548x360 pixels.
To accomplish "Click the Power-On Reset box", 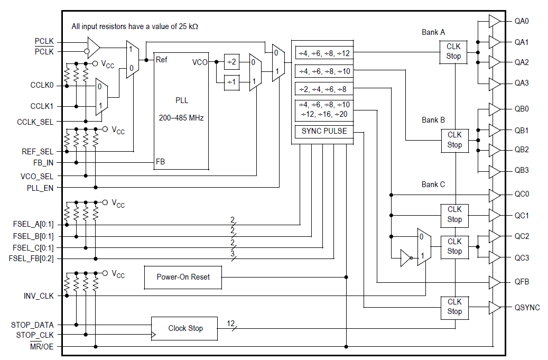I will [183, 277].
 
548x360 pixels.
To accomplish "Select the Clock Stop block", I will [184, 328].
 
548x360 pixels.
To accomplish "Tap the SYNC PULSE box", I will [324, 131].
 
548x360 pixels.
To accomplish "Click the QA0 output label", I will [522, 22].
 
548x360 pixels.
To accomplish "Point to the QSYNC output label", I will [527, 308].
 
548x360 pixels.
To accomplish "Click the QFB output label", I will [522, 282].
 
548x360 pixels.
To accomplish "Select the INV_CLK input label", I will [39, 296].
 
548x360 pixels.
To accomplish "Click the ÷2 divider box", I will [231, 62].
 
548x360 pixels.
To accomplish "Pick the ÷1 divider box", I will [231, 81].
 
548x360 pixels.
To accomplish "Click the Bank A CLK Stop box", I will [453, 52].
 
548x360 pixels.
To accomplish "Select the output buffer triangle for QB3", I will [494, 171].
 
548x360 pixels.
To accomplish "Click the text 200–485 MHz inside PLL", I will [181, 118].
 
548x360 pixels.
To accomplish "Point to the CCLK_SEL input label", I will [35, 122].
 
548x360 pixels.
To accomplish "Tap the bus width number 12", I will [231, 323].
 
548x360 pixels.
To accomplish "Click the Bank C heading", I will [433, 184].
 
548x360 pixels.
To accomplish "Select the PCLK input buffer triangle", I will [93, 46].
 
